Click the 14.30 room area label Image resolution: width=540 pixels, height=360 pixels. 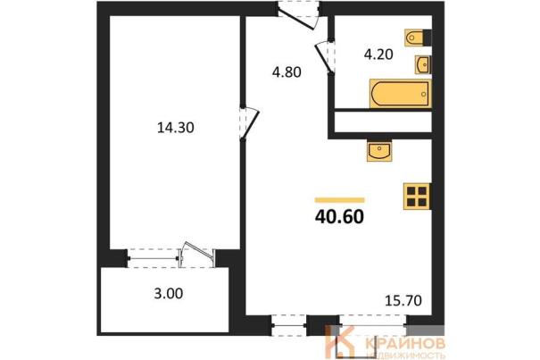[176, 128]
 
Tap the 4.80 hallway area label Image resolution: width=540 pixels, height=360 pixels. [287, 72]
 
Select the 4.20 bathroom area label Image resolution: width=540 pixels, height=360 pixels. [378, 54]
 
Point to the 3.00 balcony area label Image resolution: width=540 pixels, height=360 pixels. [169, 294]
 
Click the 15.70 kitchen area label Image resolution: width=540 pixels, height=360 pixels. [403, 301]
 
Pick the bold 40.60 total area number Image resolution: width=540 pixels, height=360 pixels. [339, 217]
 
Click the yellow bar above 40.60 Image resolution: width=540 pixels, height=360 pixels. [339, 200]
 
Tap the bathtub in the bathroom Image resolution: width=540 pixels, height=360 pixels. [400, 94]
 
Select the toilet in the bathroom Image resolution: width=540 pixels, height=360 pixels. [418, 38]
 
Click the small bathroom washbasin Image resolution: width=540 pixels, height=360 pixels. [423, 64]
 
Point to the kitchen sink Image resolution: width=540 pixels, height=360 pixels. [379, 151]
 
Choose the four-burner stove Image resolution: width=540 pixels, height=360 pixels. [417, 197]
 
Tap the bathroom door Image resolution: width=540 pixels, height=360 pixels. [325, 57]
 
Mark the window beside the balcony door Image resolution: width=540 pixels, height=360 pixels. [153, 258]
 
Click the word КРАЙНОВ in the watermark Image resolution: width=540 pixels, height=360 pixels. [404, 343]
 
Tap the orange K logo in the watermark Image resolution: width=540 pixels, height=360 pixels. [339, 342]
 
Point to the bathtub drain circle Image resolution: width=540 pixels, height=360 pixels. [424, 94]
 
